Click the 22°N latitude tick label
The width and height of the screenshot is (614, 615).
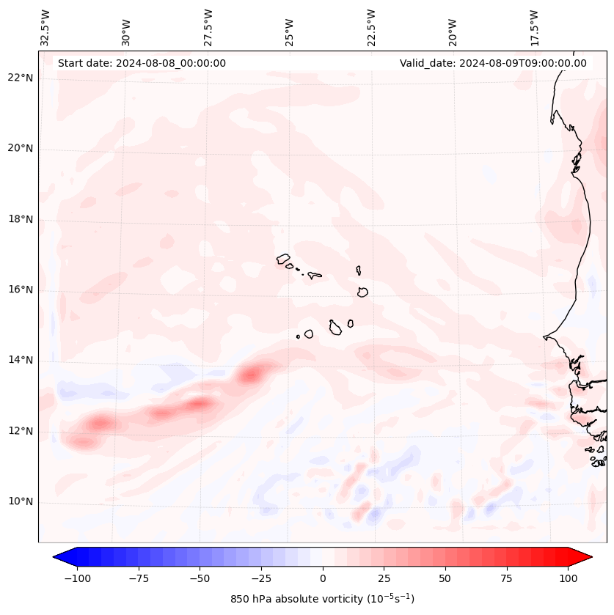coord(21,78)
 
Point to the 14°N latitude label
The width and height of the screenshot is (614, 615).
coord(21,361)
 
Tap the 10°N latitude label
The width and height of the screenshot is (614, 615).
coord(21,502)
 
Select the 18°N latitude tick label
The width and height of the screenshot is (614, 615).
coord(21,220)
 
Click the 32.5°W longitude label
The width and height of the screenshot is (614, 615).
coord(45,28)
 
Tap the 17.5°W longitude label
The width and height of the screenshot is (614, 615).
coord(534,28)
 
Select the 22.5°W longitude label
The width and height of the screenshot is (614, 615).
coord(371,28)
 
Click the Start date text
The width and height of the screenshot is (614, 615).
coord(142,63)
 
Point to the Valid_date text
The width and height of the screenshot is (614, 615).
coord(493,63)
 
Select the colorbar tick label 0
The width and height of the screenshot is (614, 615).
coord(323,578)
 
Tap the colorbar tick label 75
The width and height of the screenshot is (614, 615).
coord(506,578)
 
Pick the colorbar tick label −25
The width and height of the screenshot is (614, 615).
coord(261,578)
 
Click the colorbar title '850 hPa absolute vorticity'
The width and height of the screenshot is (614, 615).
coord(322,599)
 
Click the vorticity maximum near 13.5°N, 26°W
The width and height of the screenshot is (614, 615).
coord(251,375)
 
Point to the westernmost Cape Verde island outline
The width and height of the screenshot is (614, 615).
coord(283,259)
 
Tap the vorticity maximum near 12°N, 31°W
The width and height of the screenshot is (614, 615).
coord(100,423)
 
